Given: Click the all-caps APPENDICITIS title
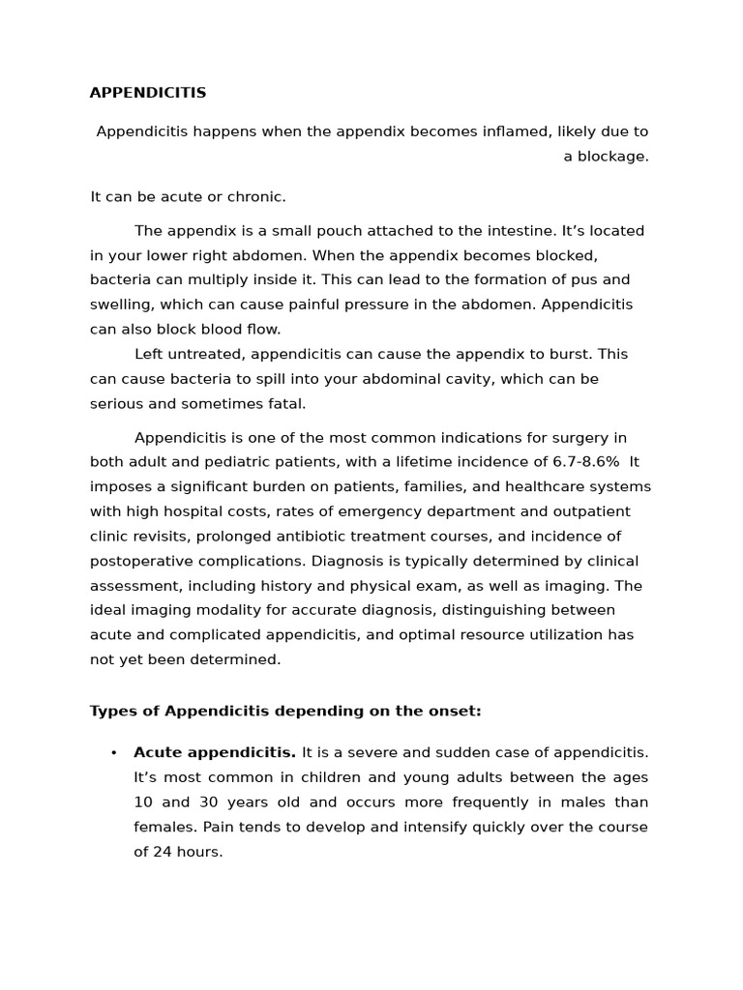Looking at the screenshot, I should click(x=148, y=93).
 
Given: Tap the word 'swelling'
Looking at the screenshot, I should click(x=124, y=305).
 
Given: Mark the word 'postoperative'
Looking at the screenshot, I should click(x=139, y=561).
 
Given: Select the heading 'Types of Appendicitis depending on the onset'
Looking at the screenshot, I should click(x=285, y=712).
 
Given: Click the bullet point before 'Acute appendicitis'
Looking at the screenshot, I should click(x=113, y=753).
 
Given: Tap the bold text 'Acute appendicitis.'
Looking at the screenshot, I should click(x=215, y=753).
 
